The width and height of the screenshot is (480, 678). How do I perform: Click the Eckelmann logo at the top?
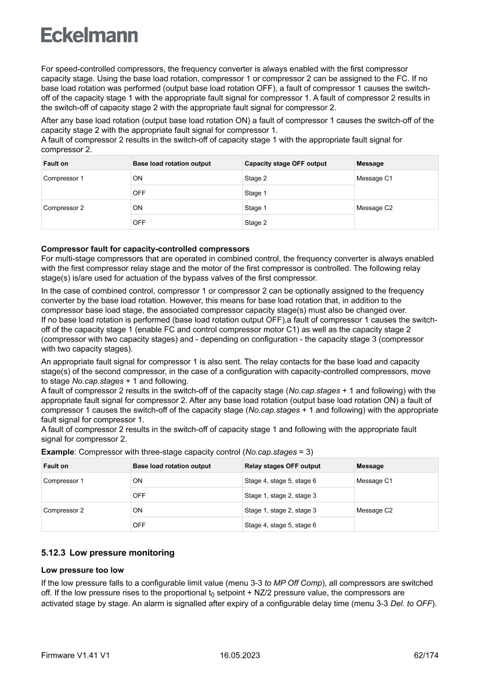click(x=89, y=35)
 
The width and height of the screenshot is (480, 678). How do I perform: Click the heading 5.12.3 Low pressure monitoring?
click(x=107, y=553)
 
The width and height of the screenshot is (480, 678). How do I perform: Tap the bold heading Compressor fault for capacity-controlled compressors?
click(x=145, y=249)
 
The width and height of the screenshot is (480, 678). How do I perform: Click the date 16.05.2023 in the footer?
click(x=240, y=655)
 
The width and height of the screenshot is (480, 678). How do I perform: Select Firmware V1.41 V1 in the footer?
click(x=75, y=655)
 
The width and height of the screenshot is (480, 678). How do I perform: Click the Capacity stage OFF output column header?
click(x=285, y=164)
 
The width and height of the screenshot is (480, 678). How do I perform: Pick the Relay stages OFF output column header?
click(x=282, y=466)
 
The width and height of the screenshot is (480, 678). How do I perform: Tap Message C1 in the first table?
click(x=374, y=179)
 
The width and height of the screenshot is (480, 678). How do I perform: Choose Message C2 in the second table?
click(x=374, y=510)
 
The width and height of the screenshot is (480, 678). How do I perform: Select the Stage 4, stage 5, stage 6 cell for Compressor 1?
click(x=280, y=481)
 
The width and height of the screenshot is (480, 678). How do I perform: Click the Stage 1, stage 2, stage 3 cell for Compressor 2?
click(x=280, y=510)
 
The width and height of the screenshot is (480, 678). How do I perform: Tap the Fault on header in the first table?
click(x=56, y=164)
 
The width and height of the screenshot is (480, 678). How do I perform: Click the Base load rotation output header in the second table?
click(x=172, y=466)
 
